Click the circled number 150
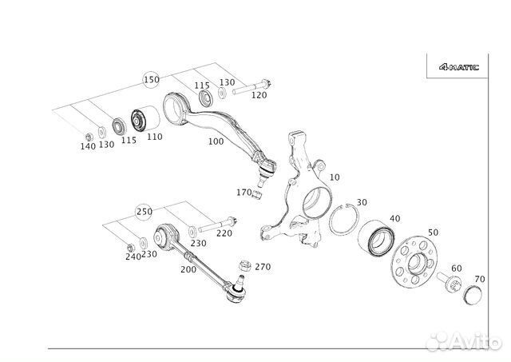pos(152,80)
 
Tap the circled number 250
pos(144,212)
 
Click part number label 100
pos(216,141)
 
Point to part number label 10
pos(334,177)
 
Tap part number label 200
pos(188,270)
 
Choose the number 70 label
pos(479,279)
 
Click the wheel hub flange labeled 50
pos(415,260)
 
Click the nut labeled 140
pos(87,133)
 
